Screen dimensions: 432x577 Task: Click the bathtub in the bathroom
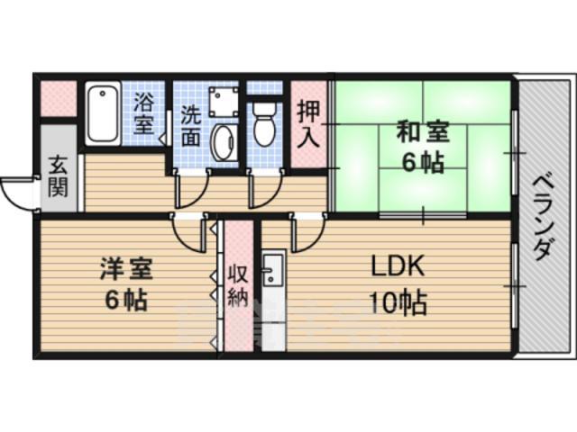pyautogui.click(x=102, y=114)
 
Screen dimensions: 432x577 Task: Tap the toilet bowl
pyautogui.click(x=263, y=126)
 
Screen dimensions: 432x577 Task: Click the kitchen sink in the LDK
pyautogui.click(x=272, y=269)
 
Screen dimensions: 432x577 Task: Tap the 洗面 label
pyautogui.click(x=190, y=127)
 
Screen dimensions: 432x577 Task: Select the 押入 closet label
pyautogui.click(x=308, y=125)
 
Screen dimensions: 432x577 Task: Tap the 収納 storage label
pyautogui.click(x=237, y=285)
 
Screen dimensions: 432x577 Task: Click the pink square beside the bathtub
pyautogui.click(x=59, y=98)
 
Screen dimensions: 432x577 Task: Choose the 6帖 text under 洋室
pyautogui.click(x=125, y=300)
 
